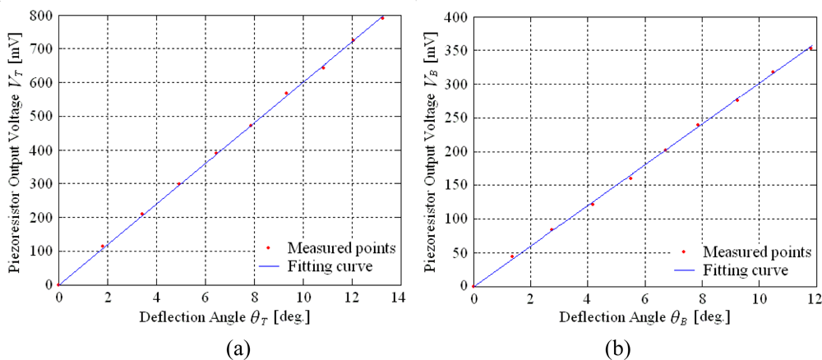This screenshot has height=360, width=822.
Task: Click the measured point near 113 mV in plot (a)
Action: [103, 246]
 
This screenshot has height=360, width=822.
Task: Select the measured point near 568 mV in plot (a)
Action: [286, 93]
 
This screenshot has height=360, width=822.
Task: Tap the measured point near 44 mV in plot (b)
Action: [512, 256]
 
